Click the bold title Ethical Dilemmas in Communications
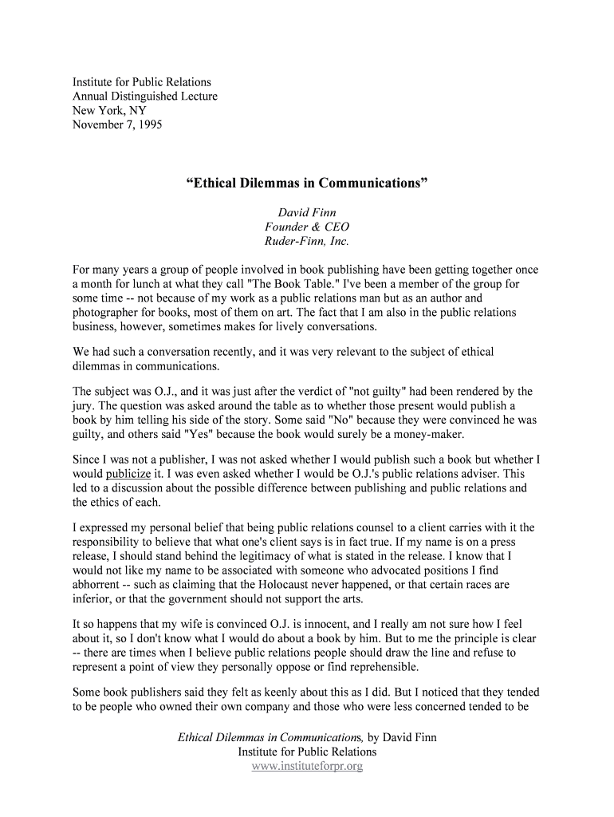(x=307, y=183)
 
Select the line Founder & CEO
(x=306, y=227)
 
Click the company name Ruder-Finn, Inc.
(x=306, y=242)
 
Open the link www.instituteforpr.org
(x=307, y=767)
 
